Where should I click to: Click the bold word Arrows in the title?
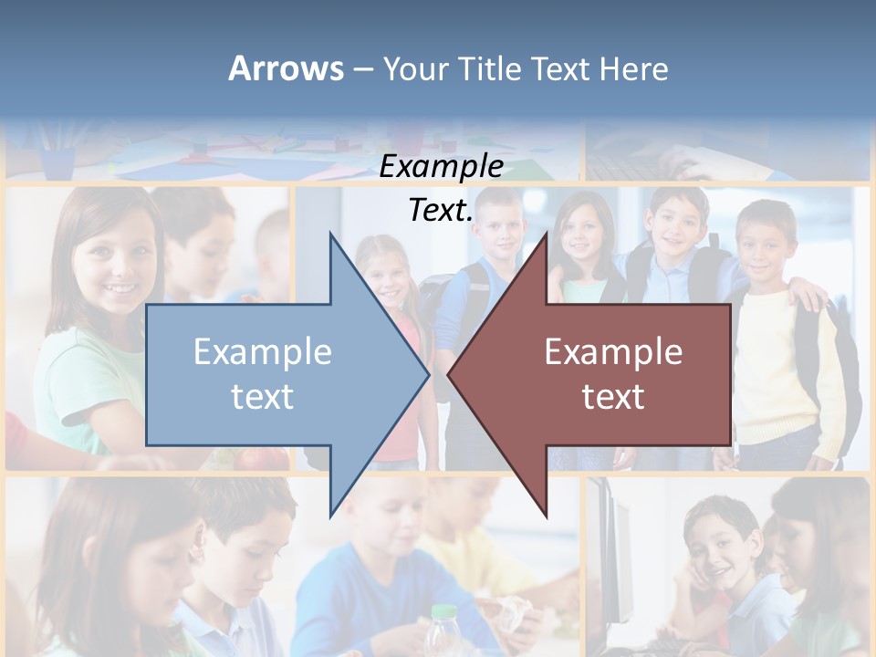286,68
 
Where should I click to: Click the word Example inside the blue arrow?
263,352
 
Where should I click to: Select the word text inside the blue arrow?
263,397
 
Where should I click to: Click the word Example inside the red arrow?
613,352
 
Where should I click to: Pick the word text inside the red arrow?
613,397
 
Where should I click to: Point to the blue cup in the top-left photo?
57,162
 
